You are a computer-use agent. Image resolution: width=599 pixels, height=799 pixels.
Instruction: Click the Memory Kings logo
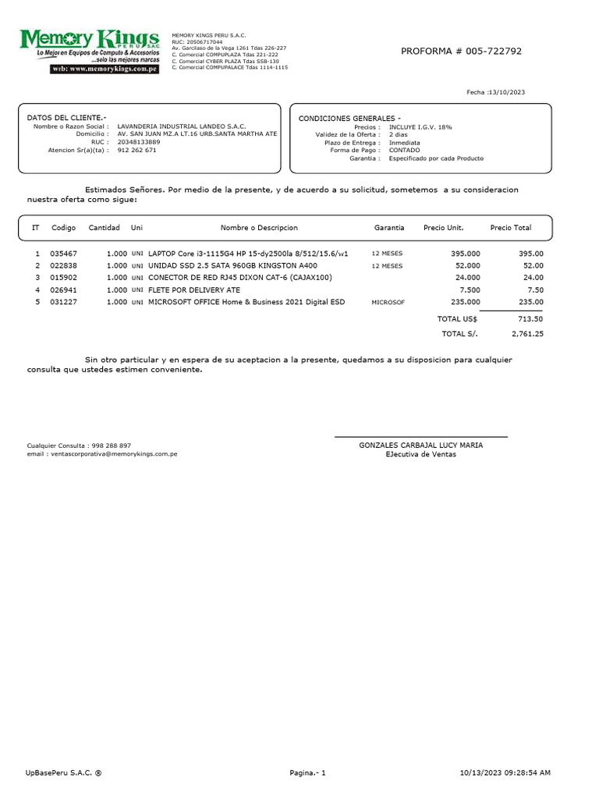point(89,51)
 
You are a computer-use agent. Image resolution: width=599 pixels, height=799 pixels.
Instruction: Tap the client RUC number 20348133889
point(139,142)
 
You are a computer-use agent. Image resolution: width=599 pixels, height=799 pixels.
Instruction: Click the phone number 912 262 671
point(136,150)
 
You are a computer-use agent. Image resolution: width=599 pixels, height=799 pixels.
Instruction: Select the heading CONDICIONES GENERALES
point(349,118)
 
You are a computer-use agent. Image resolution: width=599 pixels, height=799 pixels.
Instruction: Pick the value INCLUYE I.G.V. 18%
point(420,126)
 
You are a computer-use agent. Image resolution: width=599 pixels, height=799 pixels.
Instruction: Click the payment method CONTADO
point(404,150)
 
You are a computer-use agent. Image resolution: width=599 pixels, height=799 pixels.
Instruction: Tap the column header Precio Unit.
point(443,228)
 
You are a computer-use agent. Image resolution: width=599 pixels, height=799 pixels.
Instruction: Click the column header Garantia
point(389,228)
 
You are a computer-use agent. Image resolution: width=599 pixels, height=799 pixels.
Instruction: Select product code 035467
point(64,254)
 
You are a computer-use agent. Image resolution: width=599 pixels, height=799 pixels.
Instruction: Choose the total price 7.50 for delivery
point(535,289)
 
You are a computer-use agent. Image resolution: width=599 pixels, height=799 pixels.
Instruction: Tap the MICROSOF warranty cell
point(388,301)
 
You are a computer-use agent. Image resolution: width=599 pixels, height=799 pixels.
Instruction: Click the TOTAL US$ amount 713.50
point(530,318)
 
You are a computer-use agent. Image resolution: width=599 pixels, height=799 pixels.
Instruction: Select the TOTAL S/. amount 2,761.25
point(527,333)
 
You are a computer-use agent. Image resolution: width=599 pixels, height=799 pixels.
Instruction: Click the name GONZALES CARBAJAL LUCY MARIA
point(420,445)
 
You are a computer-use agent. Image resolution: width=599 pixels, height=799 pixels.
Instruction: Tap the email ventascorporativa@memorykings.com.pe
point(113,453)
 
